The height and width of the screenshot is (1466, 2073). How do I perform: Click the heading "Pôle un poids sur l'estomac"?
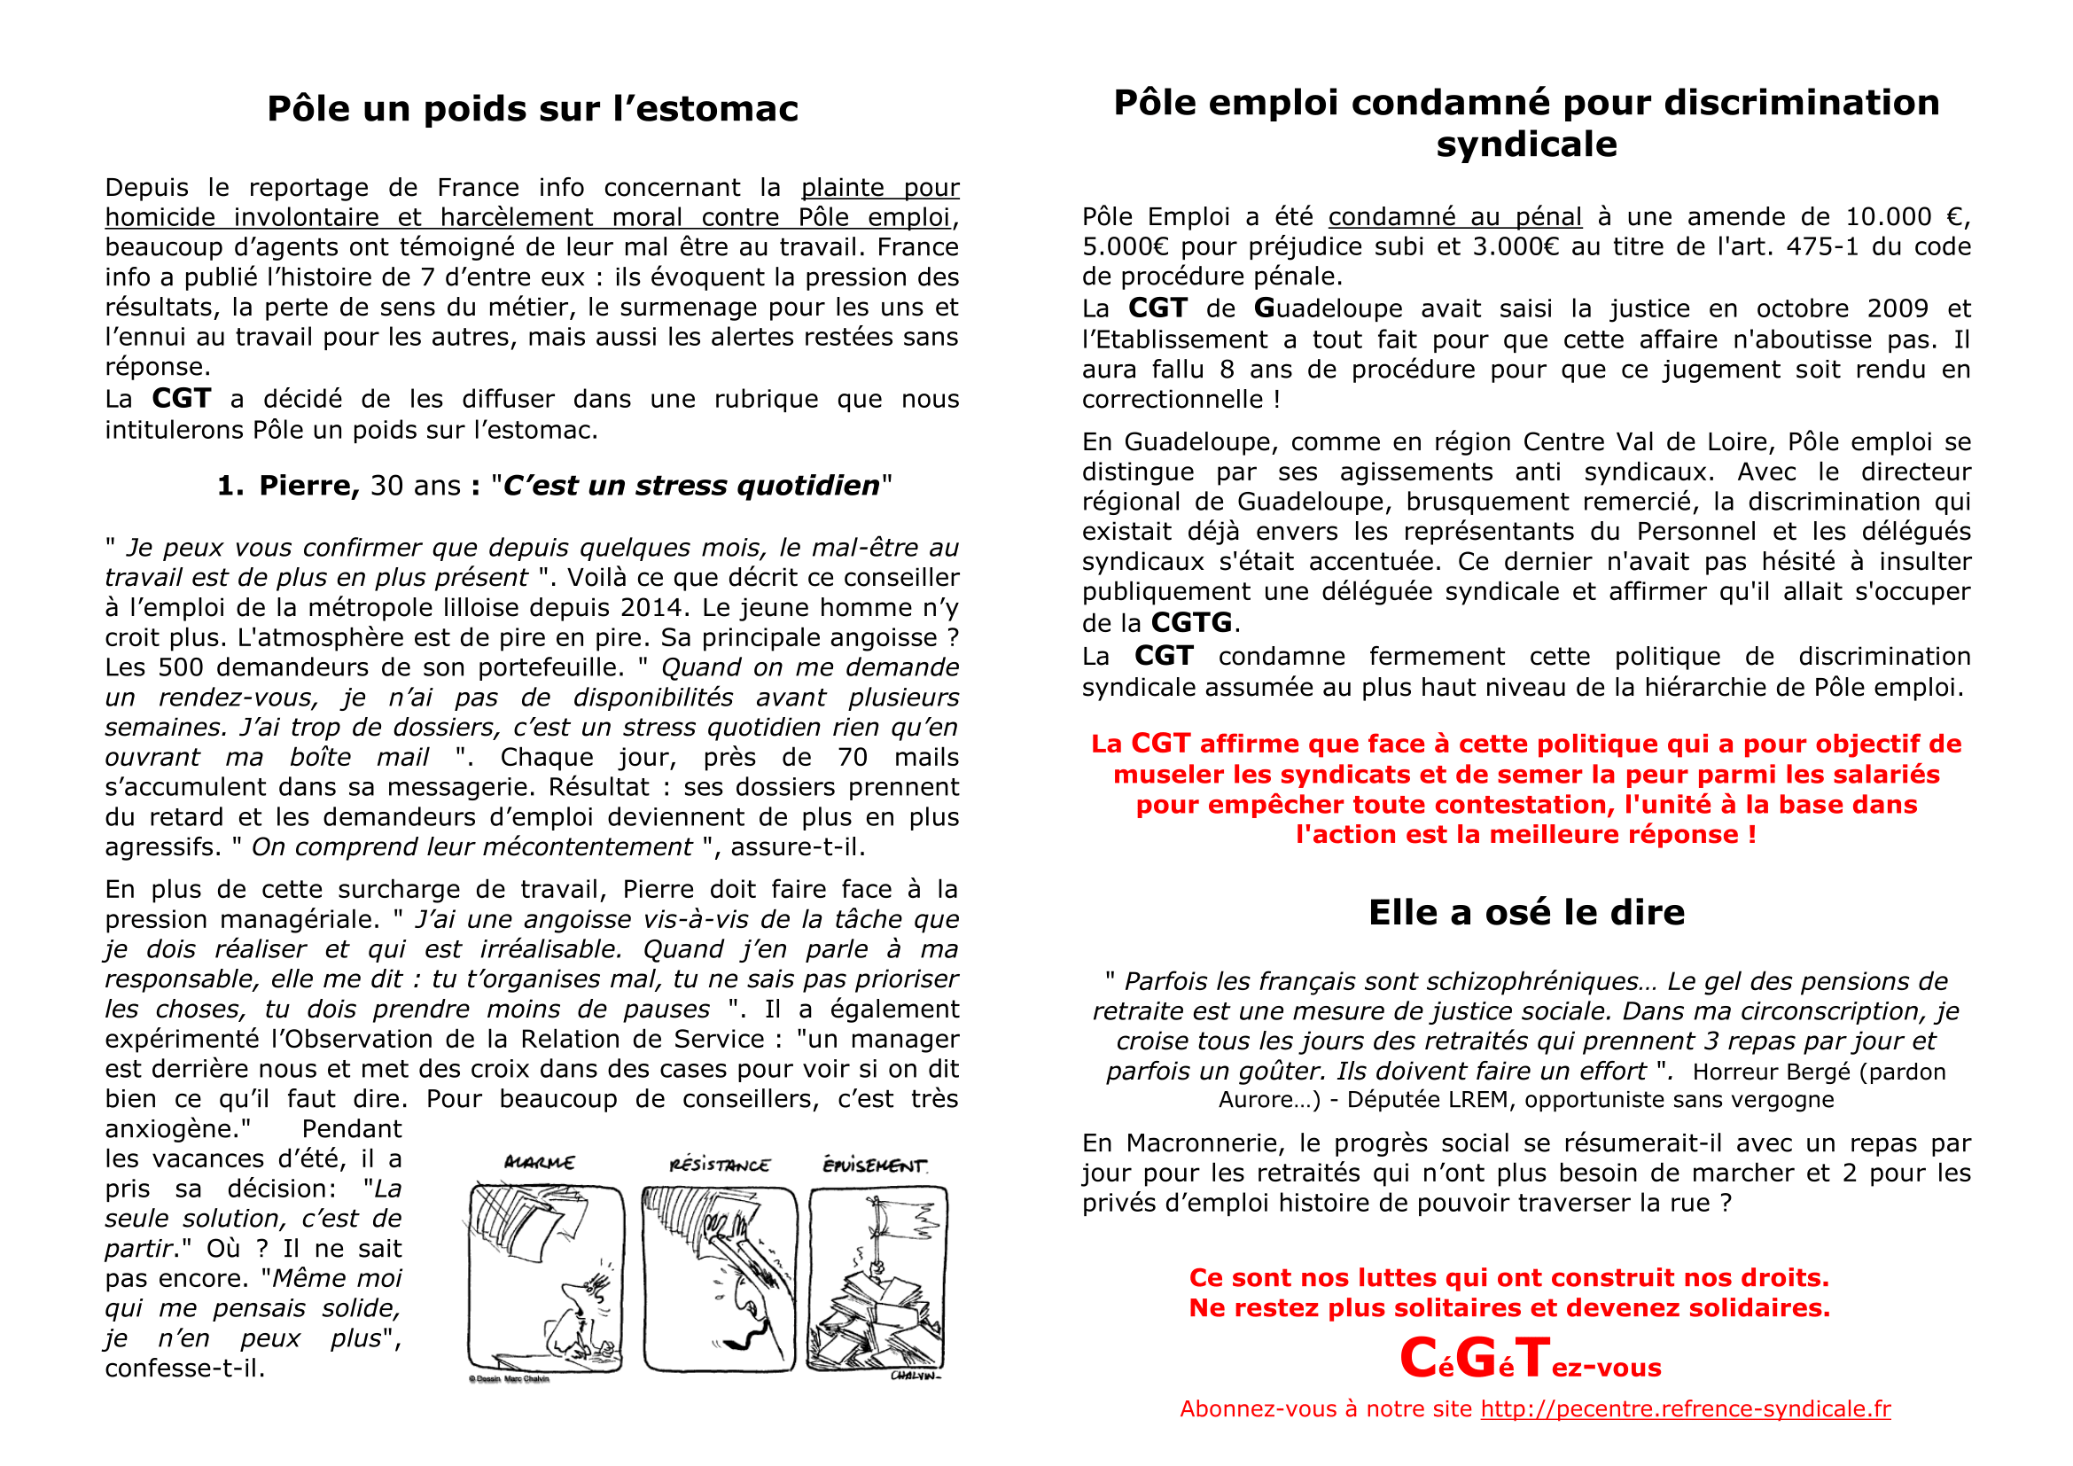(533, 109)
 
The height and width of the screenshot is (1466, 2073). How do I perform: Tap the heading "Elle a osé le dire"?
(1526, 913)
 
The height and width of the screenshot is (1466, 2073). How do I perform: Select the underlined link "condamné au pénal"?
(1454, 217)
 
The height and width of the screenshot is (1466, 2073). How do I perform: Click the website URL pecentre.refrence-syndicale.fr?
(1685, 1409)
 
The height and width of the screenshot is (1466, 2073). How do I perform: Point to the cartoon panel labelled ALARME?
(545, 1278)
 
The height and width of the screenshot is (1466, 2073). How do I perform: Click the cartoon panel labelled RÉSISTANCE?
(720, 1278)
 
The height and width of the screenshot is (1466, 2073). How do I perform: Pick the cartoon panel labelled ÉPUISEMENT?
(877, 1278)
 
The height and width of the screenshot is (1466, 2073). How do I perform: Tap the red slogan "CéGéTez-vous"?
(1530, 1360)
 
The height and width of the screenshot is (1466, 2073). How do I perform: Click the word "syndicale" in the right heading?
(1526, 144)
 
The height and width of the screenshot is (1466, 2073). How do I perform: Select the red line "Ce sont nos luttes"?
(1508, 1278)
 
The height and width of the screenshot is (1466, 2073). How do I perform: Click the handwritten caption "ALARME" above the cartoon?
(539, 1163)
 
